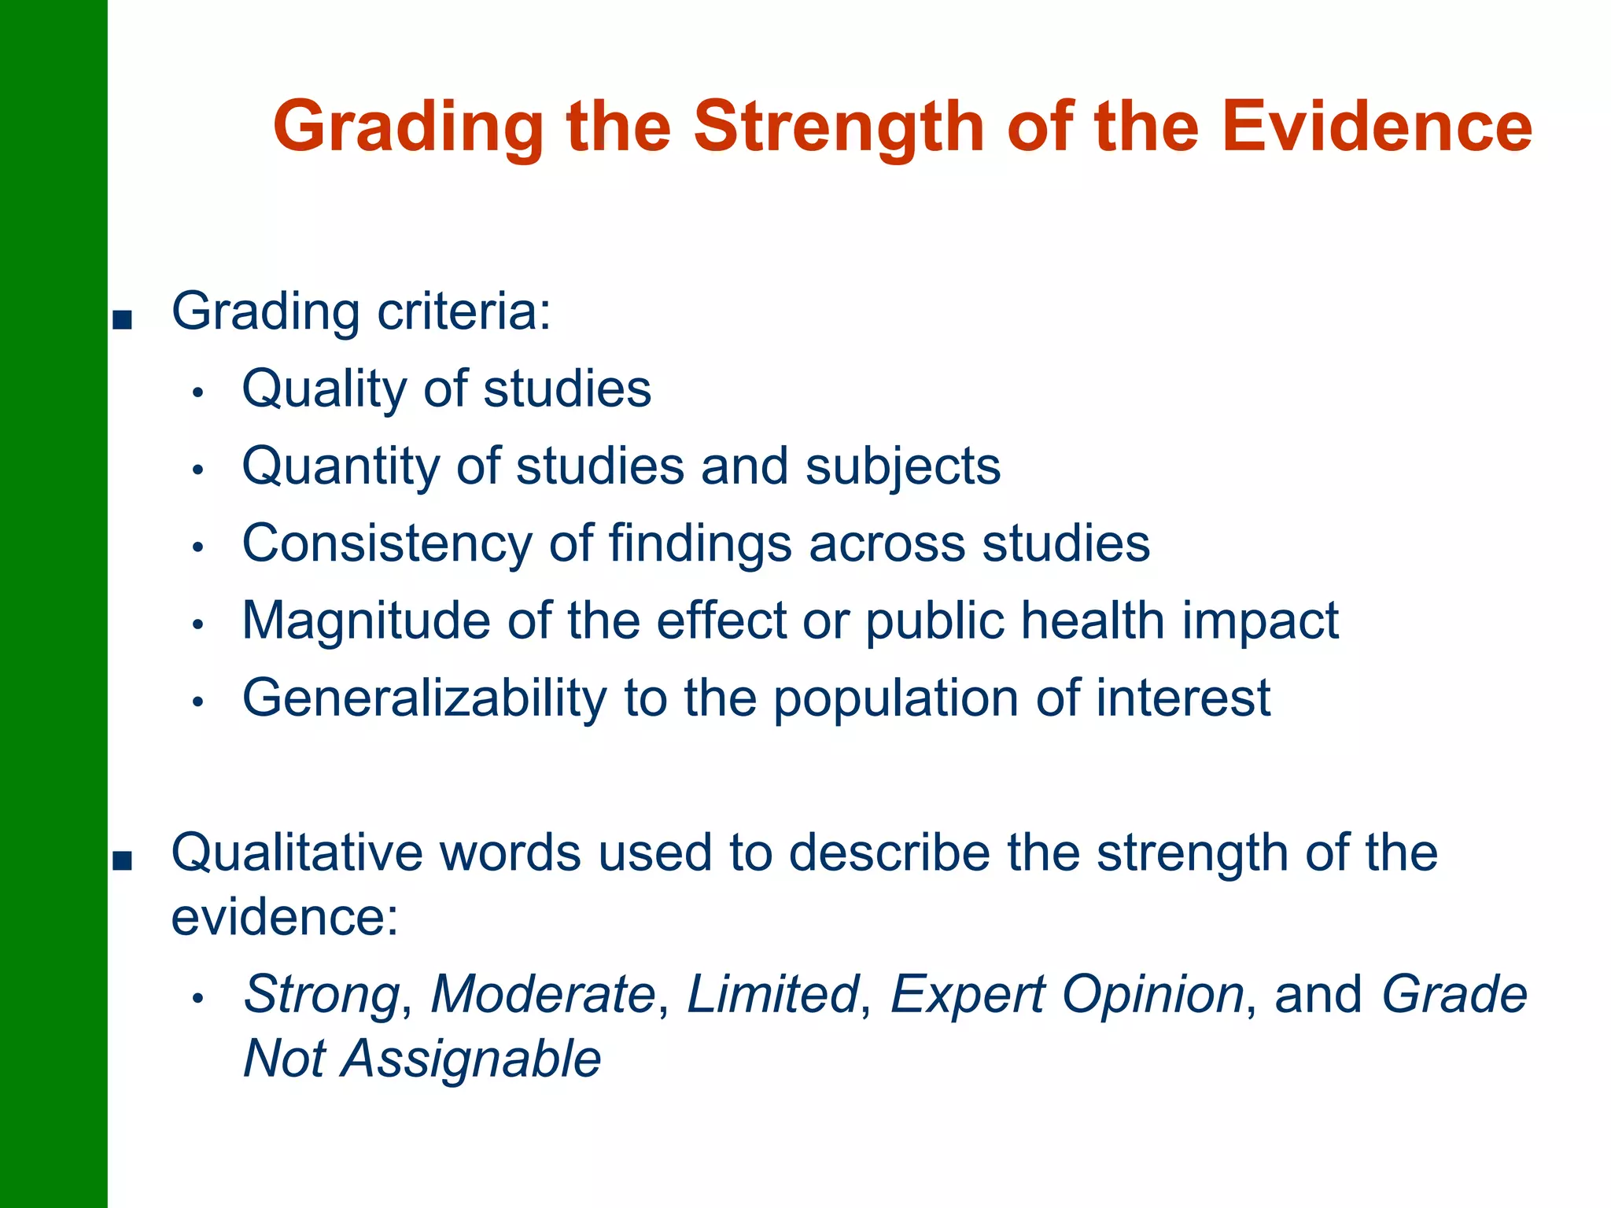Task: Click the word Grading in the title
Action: point(408,127)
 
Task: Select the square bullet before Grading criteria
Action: point(122,320)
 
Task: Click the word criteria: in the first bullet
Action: point(464,312)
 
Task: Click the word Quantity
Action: point(340,466)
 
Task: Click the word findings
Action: point(699,543)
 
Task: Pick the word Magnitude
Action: point(366,621)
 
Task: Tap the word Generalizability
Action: point(425,698)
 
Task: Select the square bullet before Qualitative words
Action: point(122,861)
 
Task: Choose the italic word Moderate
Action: point(543,994)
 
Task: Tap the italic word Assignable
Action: point(470,1059)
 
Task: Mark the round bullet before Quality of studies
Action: point(198,392)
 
